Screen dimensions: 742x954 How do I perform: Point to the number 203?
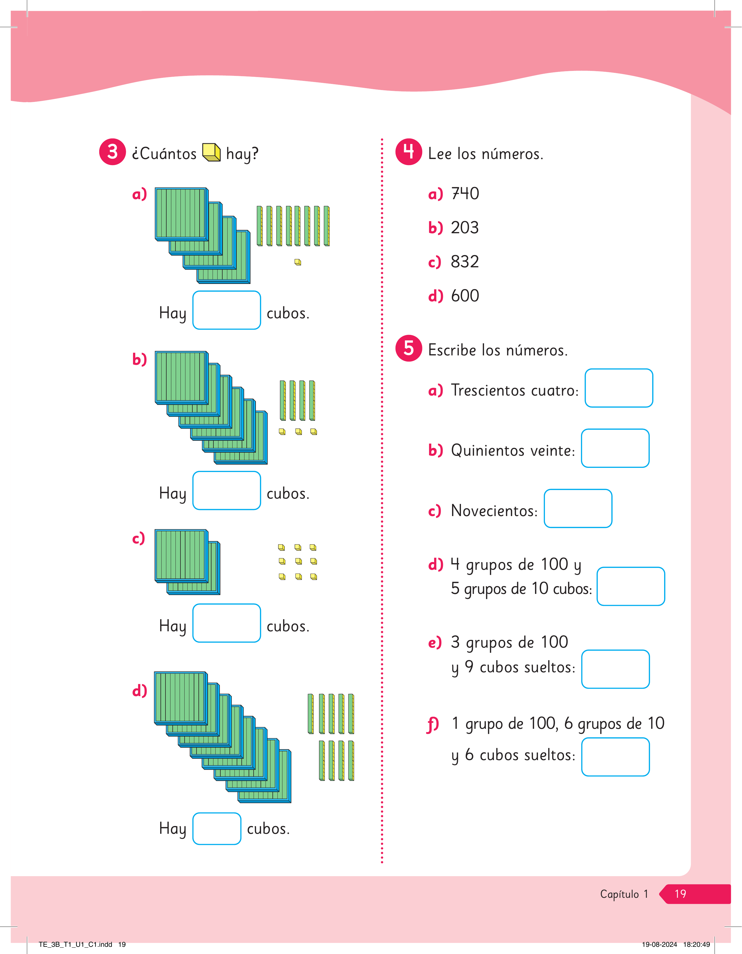(x=465, y=228)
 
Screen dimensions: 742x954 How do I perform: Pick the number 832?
(x=465, y=262)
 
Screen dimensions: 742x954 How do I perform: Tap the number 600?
(x=465, y=296)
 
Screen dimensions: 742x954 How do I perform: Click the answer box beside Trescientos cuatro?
(x=619, y=388)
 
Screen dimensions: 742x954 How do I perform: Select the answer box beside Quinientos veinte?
(x=615, y=448)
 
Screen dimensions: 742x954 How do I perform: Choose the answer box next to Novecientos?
(x=578, y=509)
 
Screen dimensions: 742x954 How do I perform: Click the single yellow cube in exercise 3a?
(x=298, y=262)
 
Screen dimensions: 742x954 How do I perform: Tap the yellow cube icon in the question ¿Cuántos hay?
(x=211, y=152)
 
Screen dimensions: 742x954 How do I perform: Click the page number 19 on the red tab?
(x=680, y=894)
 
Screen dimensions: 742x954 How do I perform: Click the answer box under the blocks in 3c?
(x=227, y=623)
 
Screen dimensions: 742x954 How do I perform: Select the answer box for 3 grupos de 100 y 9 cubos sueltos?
(x=615, y=669)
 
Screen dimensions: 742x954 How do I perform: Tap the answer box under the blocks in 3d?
(x=217, y=829)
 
